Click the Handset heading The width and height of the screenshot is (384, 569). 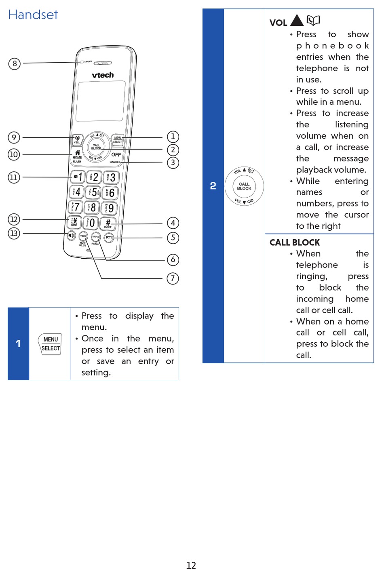pyautogui.click(x=33, y=15)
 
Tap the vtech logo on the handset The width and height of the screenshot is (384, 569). pyautogui.click(x=103, y=75)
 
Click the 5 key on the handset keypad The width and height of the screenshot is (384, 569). pyautogui.click(x=93, y=192)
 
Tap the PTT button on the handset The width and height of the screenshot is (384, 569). pyautogui.click(x=109, y=238)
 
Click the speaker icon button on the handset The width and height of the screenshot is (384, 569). pyautogui.click(x=71, y=235)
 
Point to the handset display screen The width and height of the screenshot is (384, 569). pyautogui.click(x=100, y=101)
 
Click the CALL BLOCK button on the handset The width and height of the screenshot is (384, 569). pyautogui.click(x=96, y=147)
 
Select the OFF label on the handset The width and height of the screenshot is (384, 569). pyautogui.click(x=116, y=154)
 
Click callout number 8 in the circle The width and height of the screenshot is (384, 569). pyautogui.click(x=15, y=63)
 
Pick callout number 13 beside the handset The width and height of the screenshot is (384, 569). pyautogui.click(x=14, y=233)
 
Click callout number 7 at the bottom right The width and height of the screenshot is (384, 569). pyautogui.click(x=173, y=278)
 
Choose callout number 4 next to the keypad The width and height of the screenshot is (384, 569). pyautogui.click(x=173, y=223)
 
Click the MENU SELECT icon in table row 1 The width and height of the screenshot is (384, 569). pyautogui.click(x=51, y=344)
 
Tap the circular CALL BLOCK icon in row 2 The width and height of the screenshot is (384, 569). pyautogui.click(x=244, y=186)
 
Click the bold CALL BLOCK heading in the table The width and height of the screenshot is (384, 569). pyautogui.click(x=295, y=242)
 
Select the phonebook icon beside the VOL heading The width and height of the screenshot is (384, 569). pyautogui.click(x=313, y=20)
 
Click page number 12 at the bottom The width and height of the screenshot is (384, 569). pyautogui.click(x=191, y=565)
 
